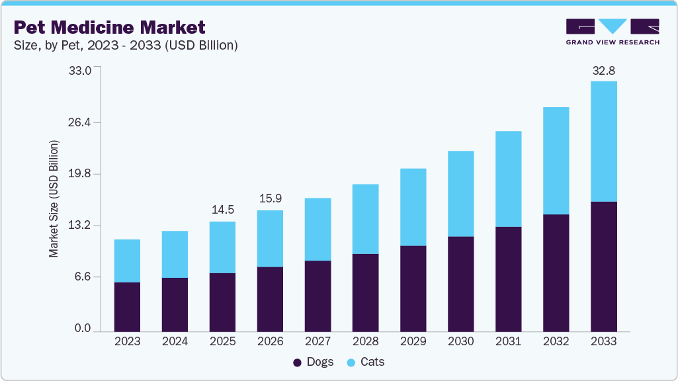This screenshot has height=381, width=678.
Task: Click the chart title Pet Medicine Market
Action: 109,27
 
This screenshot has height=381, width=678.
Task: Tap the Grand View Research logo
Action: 613,32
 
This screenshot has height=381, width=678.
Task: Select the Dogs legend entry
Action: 314,362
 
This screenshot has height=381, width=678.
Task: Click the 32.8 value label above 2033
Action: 603,70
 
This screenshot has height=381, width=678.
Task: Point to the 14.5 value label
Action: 222,210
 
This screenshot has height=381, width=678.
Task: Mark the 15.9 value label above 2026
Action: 270,198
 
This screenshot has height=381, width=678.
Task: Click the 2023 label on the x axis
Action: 127,341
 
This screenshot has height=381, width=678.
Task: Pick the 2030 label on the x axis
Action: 460,341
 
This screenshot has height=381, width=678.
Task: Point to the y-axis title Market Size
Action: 54,198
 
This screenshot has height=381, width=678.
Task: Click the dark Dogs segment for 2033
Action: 603,266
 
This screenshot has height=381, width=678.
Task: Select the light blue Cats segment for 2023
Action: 127,261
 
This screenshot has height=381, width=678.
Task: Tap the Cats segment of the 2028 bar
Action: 365,219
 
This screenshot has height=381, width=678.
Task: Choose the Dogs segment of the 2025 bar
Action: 222,302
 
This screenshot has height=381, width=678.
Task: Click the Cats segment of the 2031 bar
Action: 508,179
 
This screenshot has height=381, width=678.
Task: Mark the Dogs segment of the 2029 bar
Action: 413,288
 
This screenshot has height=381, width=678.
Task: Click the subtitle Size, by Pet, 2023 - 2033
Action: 126,46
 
